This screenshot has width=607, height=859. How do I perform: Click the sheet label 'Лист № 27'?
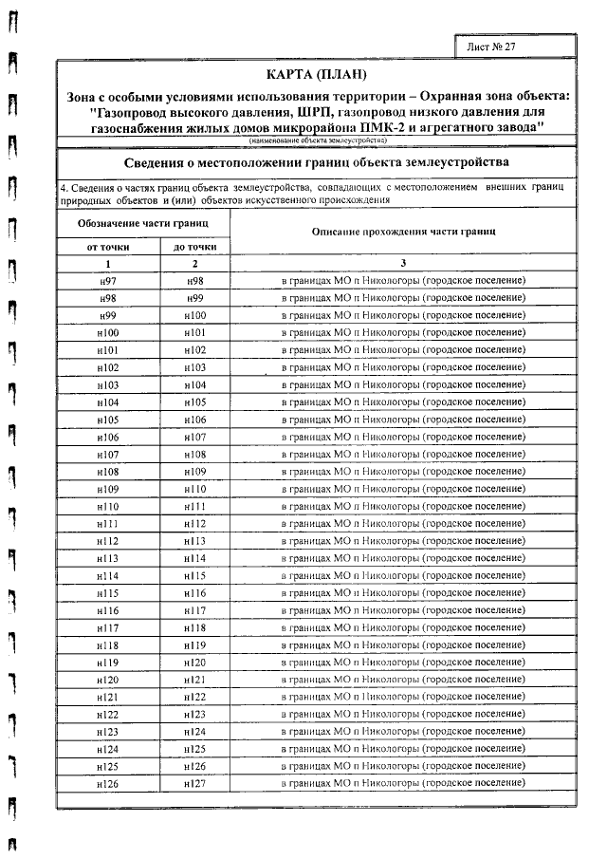tap(492, 46)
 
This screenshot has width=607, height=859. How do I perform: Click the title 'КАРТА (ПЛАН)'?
tap(316, 75)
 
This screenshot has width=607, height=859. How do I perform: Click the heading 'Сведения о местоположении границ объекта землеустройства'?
tap(316, 161)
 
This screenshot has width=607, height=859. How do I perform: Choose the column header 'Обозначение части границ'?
tap(141, 222)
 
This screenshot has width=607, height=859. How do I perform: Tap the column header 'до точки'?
tap(194, 247)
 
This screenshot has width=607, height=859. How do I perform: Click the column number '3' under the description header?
tap(403, 263)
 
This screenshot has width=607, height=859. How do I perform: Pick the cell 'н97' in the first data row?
tap(107, 281)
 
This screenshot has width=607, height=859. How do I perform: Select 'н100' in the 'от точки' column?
tap(107, 332)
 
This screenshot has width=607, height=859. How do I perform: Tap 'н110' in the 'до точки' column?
tap(194, 488)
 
